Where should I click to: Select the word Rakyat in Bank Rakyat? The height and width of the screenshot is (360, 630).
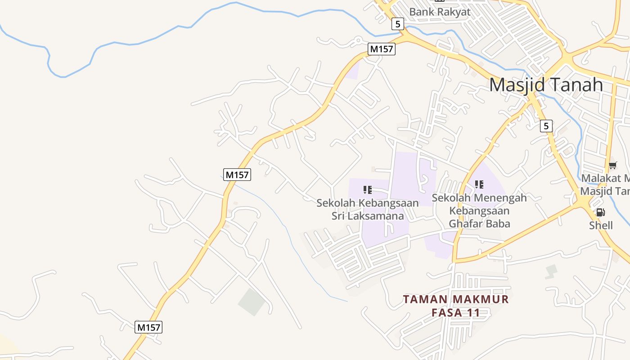[x=452, y=12]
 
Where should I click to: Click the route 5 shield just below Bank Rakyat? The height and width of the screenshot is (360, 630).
[x=397, y=24]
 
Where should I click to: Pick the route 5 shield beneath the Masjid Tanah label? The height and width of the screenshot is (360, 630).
[x=546, y=126]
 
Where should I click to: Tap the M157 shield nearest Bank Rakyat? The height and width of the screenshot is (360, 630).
[x=381, y=49]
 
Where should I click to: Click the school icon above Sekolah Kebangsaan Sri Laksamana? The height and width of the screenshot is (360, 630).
[x=368, y=190]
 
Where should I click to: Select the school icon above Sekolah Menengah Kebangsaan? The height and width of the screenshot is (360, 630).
[x=479, y=184]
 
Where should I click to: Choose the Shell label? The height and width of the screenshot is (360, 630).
[x=601, y=225]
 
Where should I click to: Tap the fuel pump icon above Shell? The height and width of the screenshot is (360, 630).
[x=600, y=213]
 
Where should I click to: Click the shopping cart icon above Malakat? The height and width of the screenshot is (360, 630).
[x=612, y=166]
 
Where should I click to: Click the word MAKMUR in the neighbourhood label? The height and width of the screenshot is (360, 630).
[x=481, y=299]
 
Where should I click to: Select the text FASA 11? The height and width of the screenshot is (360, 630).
[x=455, y=312]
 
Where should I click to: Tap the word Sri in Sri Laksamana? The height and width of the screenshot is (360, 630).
[x=339, y=216]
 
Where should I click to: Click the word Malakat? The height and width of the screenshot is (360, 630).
[x=600, y=178]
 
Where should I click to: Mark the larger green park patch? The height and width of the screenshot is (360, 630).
[x=252, y=301]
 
